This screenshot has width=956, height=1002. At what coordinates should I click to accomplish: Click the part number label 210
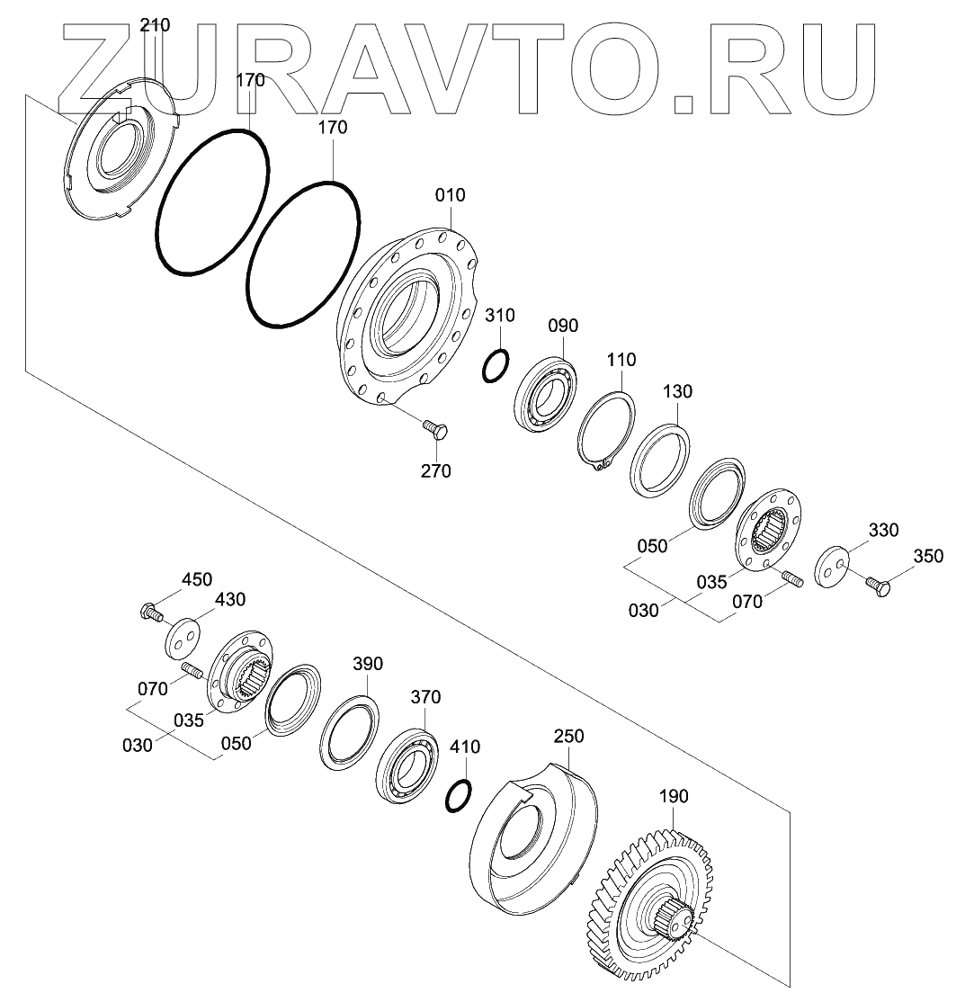pyautogui.click(x=155, y=25)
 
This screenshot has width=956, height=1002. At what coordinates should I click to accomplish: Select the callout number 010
pyautogui.click(x=451, y=195)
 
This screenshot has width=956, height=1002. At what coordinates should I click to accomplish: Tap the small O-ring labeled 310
pyautogui.click(x=495, y=365)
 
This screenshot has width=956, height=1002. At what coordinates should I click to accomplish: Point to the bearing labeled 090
pyautogui.click(x=545, y=393)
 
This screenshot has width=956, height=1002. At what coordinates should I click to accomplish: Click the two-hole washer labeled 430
pyautogui.click(x=183, y=636)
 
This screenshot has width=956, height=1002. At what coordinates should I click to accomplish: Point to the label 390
pyautogui.click(x=367, y=664)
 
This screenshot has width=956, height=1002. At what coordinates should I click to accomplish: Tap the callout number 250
pyautogui.click(x=568, y=736)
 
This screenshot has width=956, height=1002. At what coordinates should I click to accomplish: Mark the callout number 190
pyautogui.click(x=673, y=796)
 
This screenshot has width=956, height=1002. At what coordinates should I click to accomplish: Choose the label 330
pyautogui.click(x=883, y=530)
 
